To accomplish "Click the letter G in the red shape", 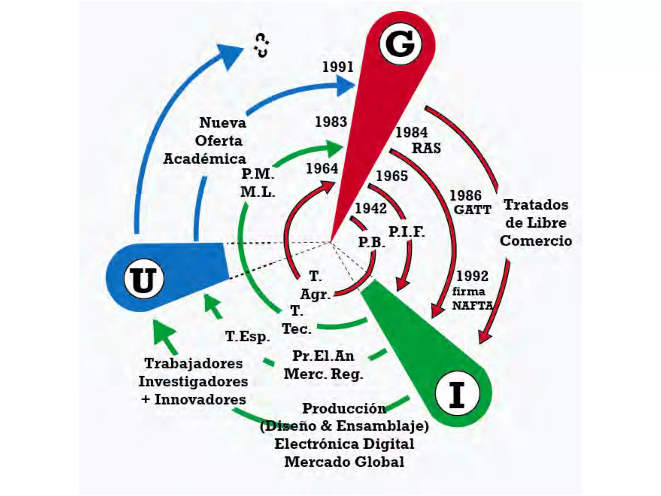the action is click(x=400, y=44).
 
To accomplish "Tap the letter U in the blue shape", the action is click(x=144, y=279).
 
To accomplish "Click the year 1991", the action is click(x=338, y=67).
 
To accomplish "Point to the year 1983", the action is click(x=331, y=122).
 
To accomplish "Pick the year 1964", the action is click(x=322, y=169).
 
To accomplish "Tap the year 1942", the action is click(x=371, y=208).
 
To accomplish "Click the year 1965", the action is click(x=392, y=176).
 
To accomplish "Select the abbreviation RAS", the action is click(x=426, y=148).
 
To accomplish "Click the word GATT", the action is click(x=473, y=210).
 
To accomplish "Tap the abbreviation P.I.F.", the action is click(x=406, y=232).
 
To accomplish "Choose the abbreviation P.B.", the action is click(x=371, y=242).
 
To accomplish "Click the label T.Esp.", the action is click(x=247, y=336).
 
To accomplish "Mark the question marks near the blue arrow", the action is click(x=261, y=46).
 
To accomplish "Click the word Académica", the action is click(x=205, y=159).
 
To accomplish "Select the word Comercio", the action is click(x=536, y=241).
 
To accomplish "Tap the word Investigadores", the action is click(x=193, y=381).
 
